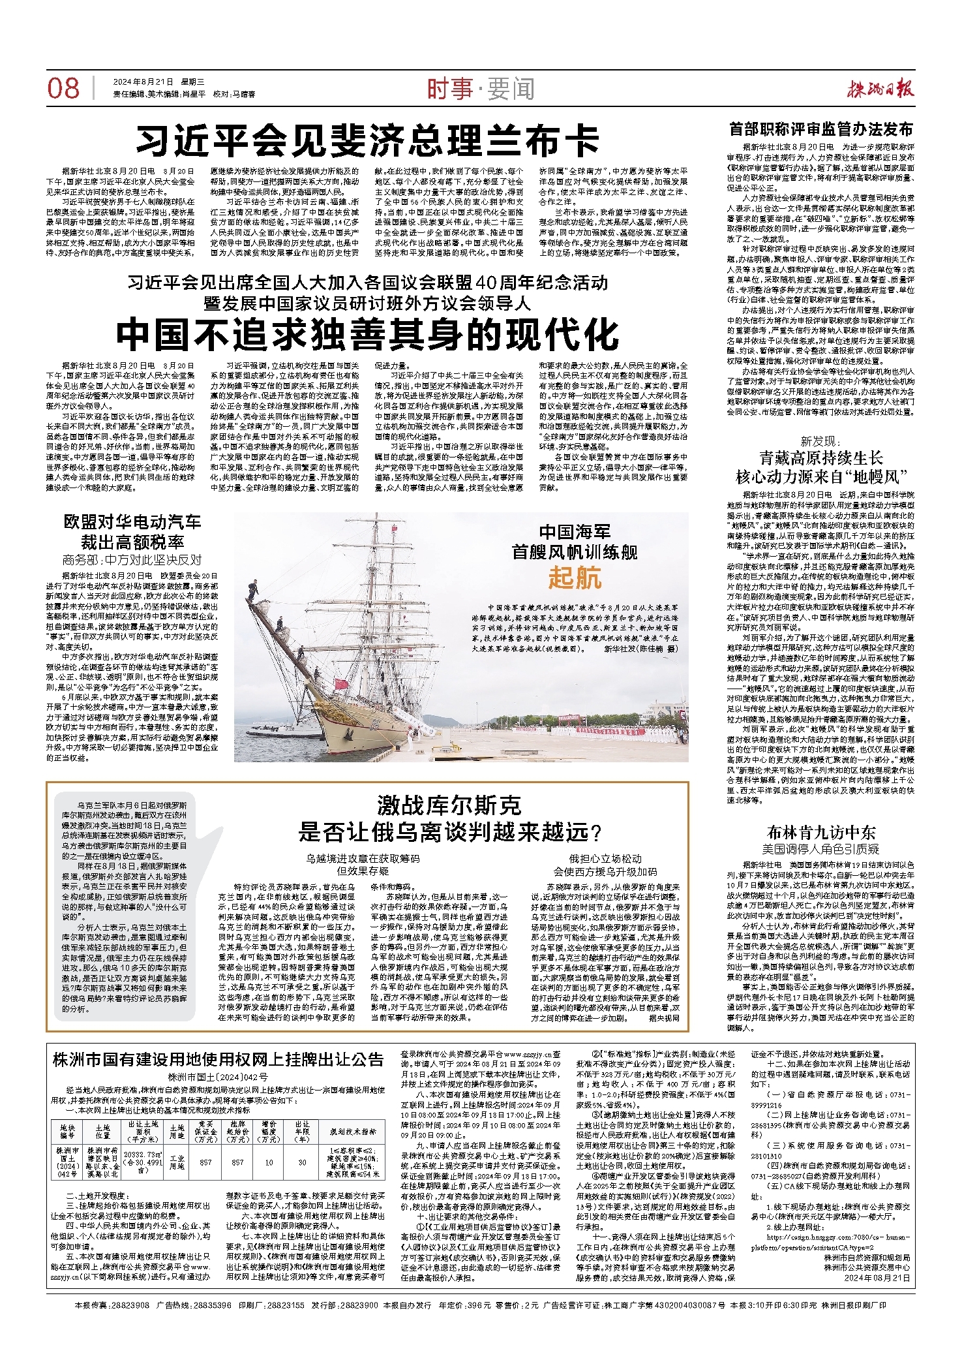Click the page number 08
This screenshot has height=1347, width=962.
(x=63, y=88)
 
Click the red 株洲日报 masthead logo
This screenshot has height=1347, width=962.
(x=880, y=88)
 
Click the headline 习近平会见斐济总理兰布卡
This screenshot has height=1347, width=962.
(x=367, y=140)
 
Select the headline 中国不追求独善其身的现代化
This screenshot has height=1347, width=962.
(x=367, y=334)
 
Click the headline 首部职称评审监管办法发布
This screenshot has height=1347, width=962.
(x=820, y=129)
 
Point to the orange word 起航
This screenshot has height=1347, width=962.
(x=575, y=577)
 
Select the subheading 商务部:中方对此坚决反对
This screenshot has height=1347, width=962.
(x=132, y=559)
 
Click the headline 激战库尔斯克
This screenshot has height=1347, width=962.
(x=449, y=806)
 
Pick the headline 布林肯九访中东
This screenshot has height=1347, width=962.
(x=820, y=833)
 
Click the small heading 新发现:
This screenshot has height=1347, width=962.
(x=820, y=441)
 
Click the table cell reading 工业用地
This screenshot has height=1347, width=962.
(x=177, y=1162)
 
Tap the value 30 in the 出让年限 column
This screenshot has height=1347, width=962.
(x=302, y=1162)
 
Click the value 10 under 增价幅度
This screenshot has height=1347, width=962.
(x=269, y=1162)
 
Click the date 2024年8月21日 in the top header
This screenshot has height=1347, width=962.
(x=143, y=82)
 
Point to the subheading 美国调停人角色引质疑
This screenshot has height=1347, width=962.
(x=820, y=849)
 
